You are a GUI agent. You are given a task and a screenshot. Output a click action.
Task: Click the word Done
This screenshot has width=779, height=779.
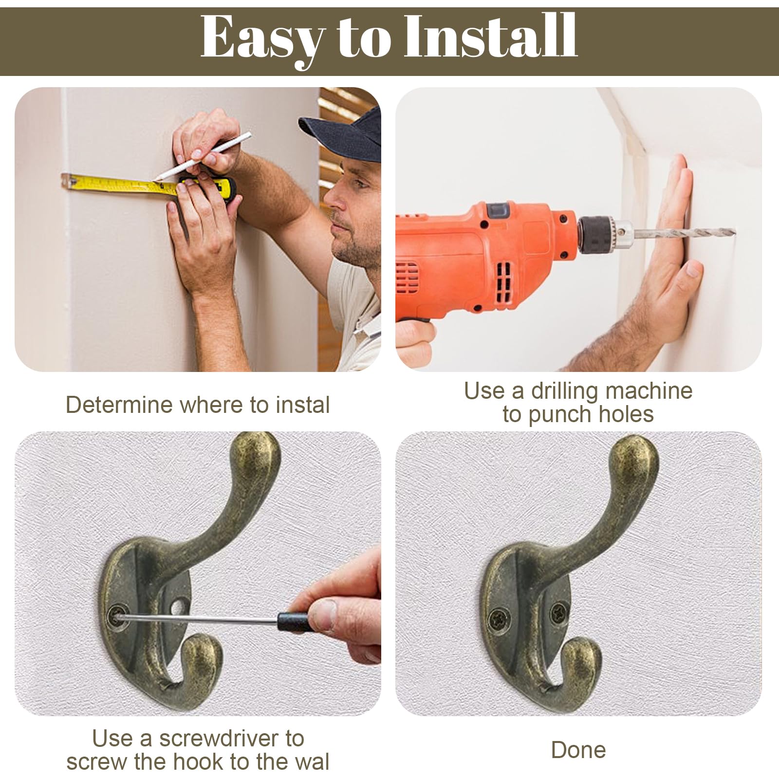point(578,750)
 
